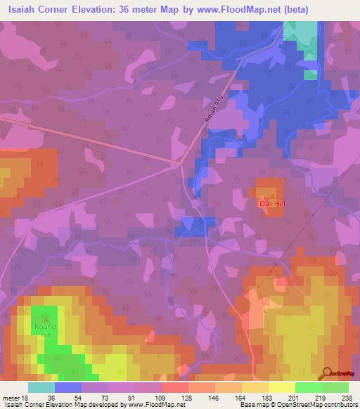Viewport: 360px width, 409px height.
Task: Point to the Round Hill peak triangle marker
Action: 46,318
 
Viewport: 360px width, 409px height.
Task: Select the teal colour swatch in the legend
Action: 41,387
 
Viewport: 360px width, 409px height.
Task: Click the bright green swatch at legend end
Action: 335,387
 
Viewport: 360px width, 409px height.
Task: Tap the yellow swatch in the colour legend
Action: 282,387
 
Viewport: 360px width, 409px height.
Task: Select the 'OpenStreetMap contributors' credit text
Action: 309,405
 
